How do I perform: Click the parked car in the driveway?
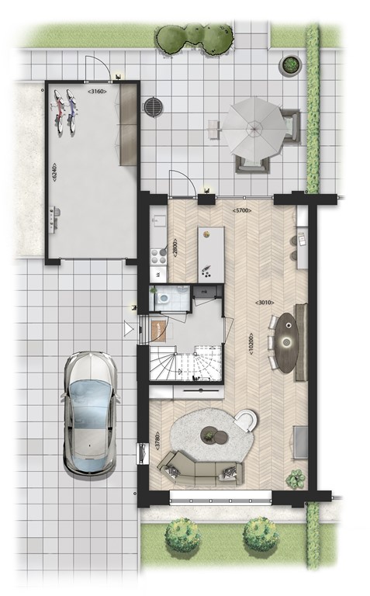click(91, 414)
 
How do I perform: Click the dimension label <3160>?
click(98, 92)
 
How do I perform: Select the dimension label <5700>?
click(245, 211)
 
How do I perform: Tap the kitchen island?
click(209, 255)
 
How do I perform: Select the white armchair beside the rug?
click(247, 421)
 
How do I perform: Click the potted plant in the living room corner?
click(295, 478)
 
